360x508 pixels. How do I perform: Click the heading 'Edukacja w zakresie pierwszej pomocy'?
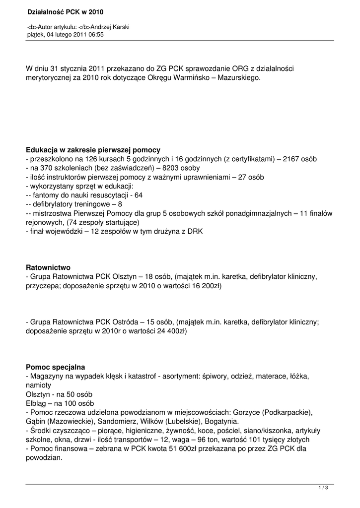click(93, 150)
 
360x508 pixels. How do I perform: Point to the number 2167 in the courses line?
click(290, 159)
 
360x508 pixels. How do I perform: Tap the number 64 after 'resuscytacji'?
click(138, 195)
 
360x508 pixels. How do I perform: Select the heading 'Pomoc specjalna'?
click(56, 367)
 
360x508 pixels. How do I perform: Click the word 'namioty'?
click(38, 385)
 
